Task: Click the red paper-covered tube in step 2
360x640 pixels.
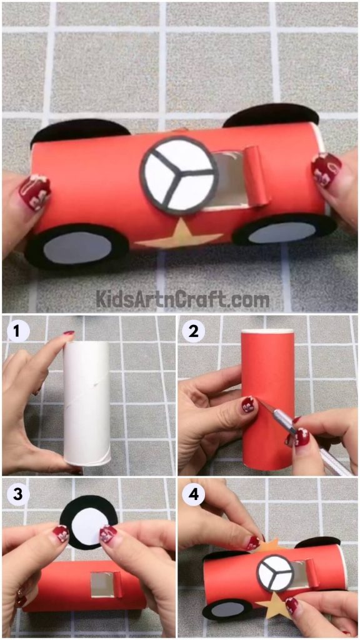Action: pos(267,400)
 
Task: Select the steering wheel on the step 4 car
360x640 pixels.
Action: pos(274,572)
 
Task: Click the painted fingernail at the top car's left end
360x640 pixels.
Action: pos(34,193)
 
